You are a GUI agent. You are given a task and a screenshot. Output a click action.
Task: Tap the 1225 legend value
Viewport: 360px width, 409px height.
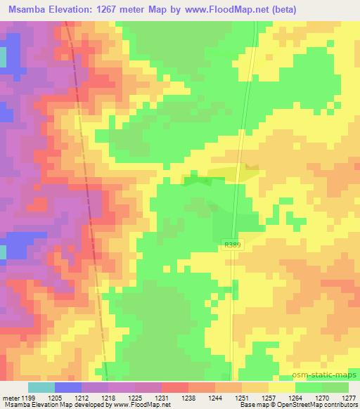(144, 397)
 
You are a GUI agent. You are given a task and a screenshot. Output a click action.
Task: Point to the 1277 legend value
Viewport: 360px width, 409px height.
(347, 397)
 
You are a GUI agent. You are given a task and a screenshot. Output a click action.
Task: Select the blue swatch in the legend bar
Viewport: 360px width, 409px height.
(67, 387)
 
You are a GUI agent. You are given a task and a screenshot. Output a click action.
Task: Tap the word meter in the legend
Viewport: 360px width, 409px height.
(11, 397)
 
